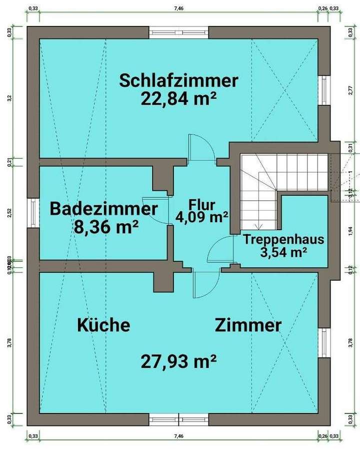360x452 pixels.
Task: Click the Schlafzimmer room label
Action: (x=178, y=80)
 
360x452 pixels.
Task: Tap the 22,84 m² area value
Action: (x=178, y=98)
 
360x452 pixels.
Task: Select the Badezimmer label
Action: (x=103, y=208)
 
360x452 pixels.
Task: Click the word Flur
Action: (x=201, y=204)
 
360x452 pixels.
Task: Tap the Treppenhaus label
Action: (x=283, y=239)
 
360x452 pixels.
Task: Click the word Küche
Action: (x=103, y=325)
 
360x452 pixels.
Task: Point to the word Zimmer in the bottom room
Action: (x=248, y=325)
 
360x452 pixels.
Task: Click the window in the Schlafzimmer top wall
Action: (x=178, y=32)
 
